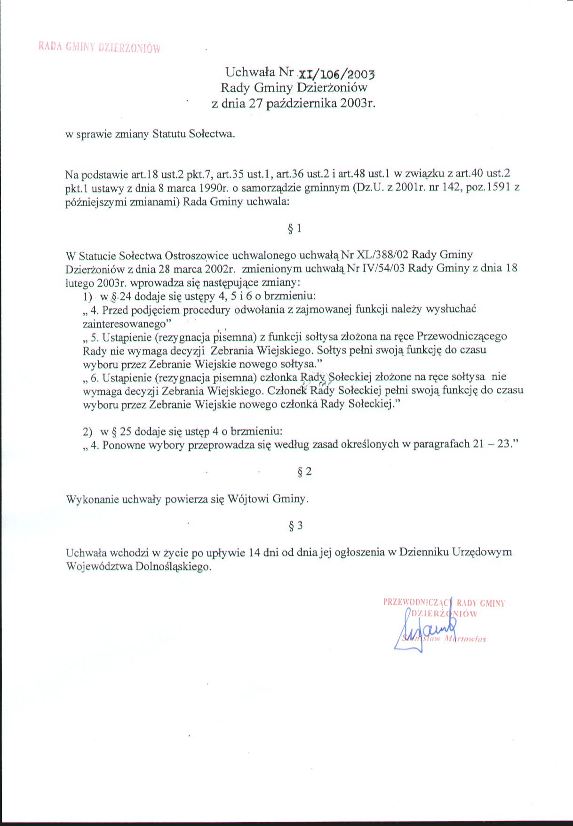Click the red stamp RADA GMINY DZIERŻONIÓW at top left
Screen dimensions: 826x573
coord(99,47)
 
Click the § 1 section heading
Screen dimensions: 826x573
coord(294,229)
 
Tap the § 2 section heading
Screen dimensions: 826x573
coord(304,472)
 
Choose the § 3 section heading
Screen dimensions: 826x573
coord(295,526)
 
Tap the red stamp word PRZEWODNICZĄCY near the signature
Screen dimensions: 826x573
coord(417,602)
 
